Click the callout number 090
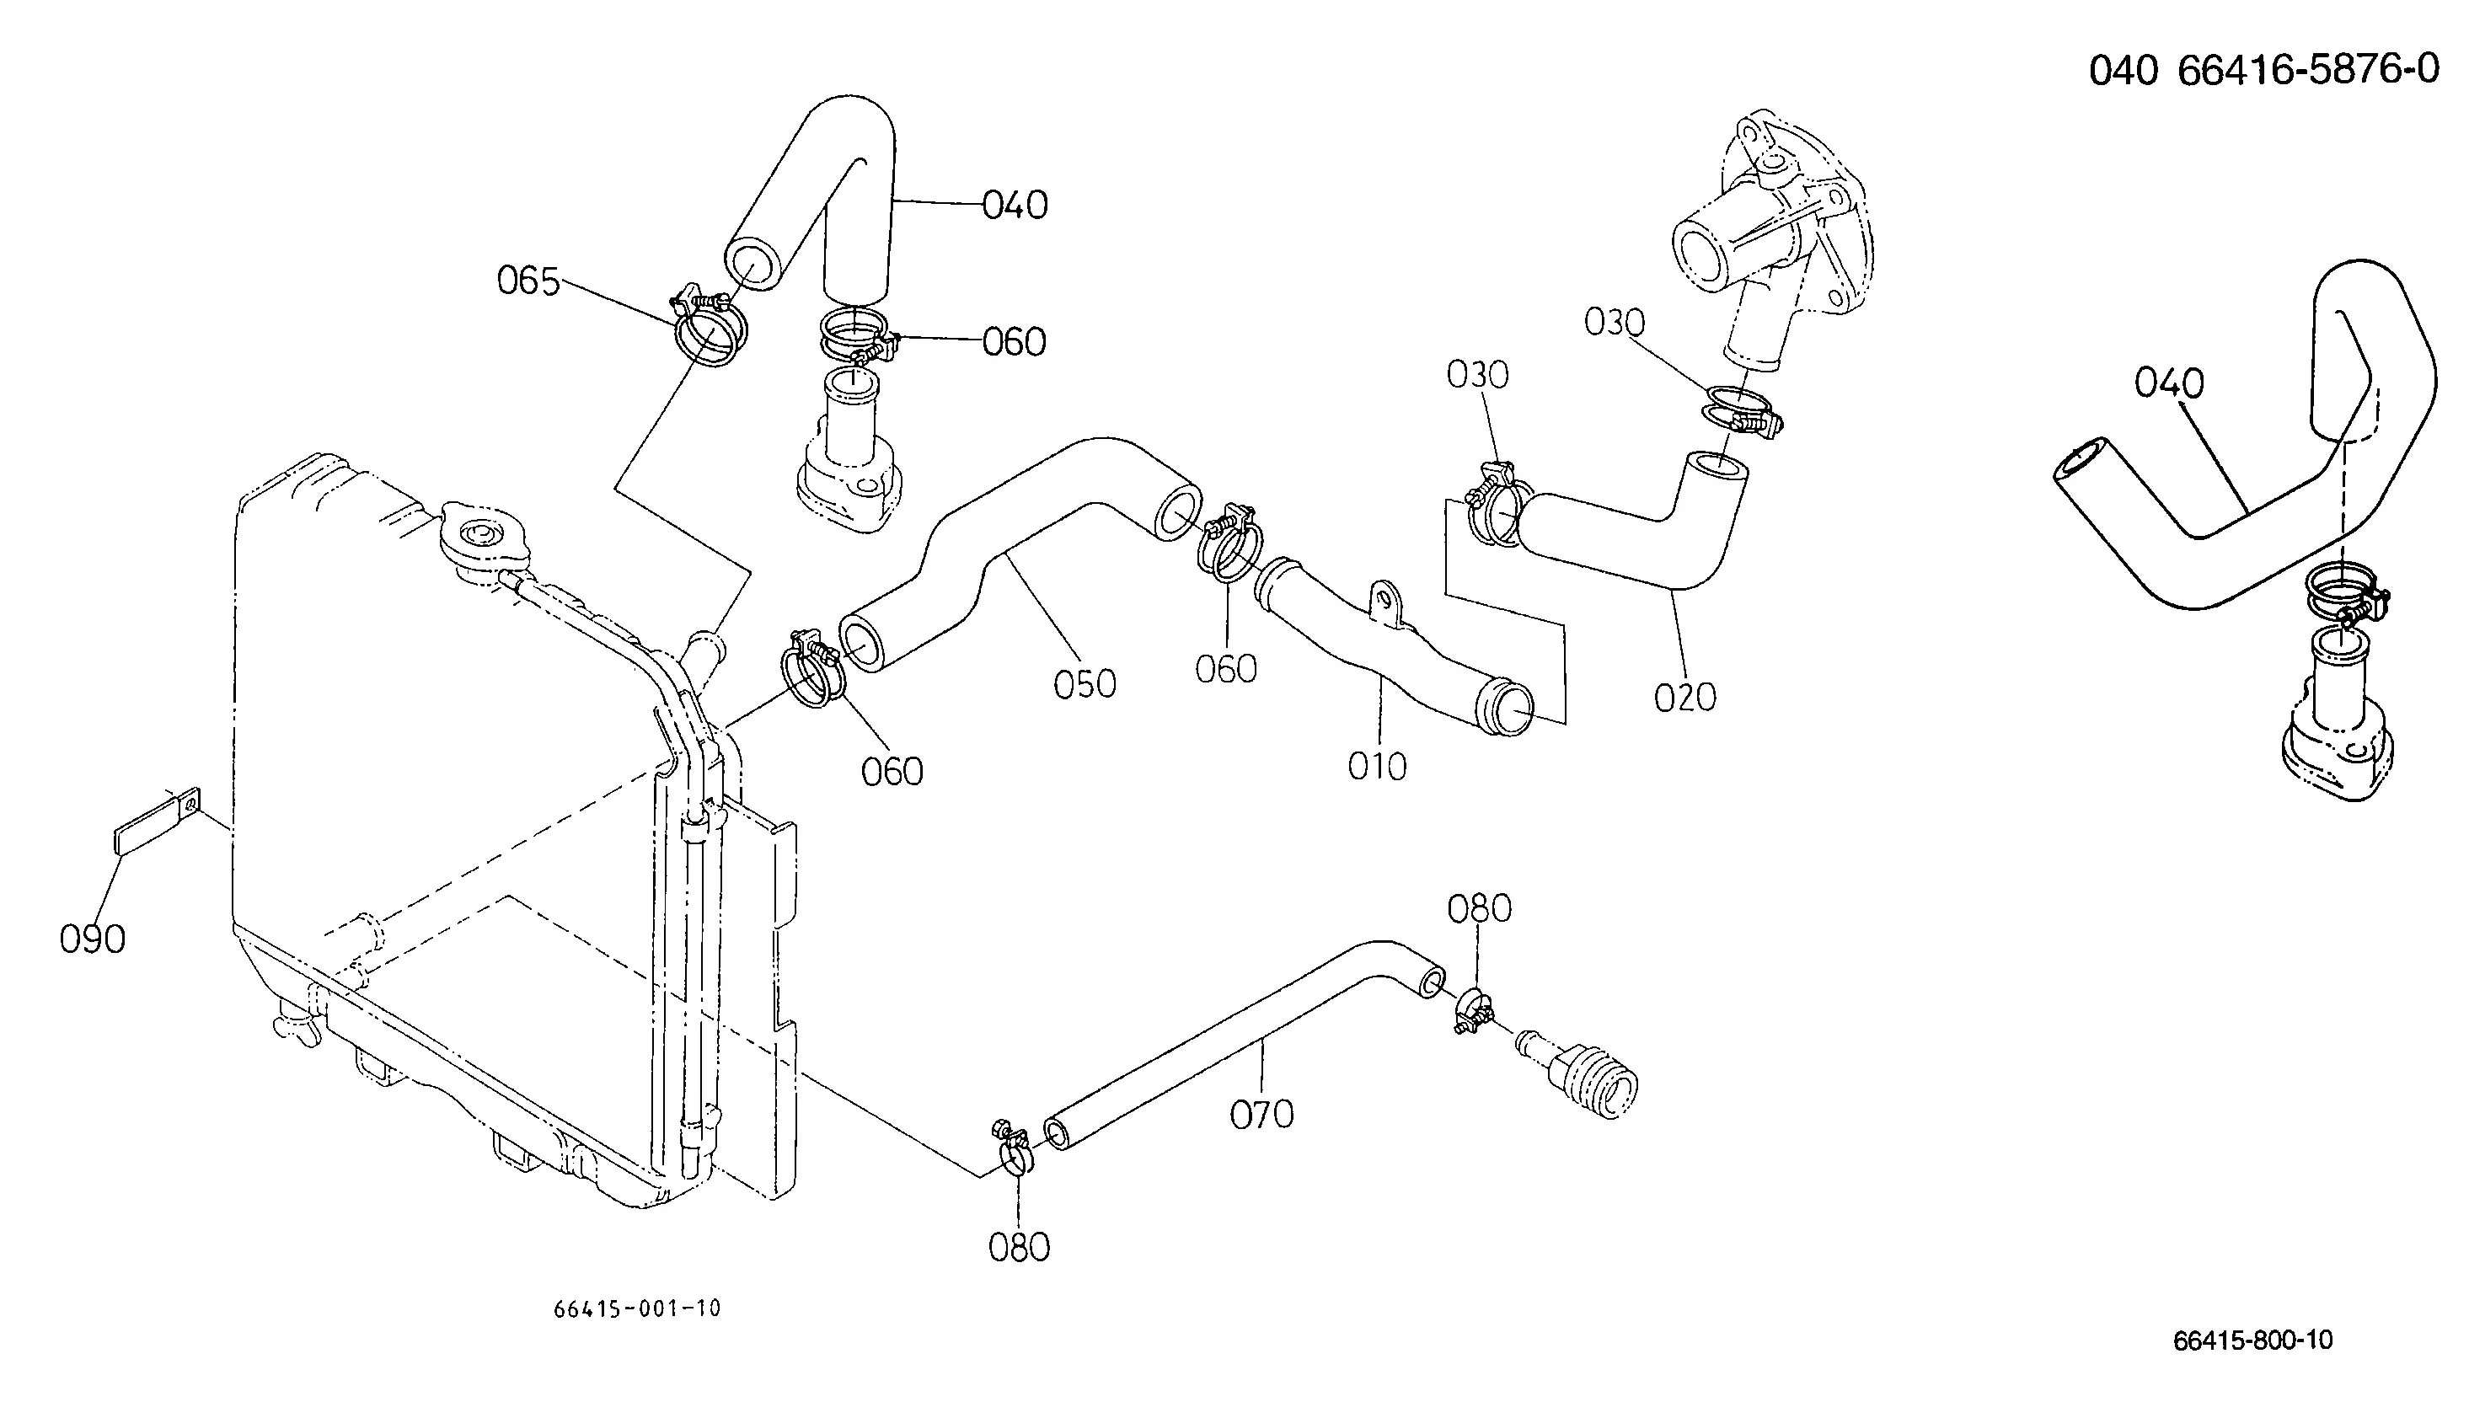(x=93, y=939)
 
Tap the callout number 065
(x=528, y=281)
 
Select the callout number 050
(x=1085, y=685)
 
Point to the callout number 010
(x=1377, y=768)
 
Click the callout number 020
(x=1685, y=697)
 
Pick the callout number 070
(x=1261, y=1115)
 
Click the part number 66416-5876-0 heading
(x=2308, y=69)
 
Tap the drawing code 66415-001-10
(x=637, y=1308)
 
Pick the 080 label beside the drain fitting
(x=1479, y=909)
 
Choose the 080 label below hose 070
(x=1019, y=1248)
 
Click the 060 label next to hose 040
(x=1014, y=343)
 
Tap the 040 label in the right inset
(x=2168, y=384)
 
